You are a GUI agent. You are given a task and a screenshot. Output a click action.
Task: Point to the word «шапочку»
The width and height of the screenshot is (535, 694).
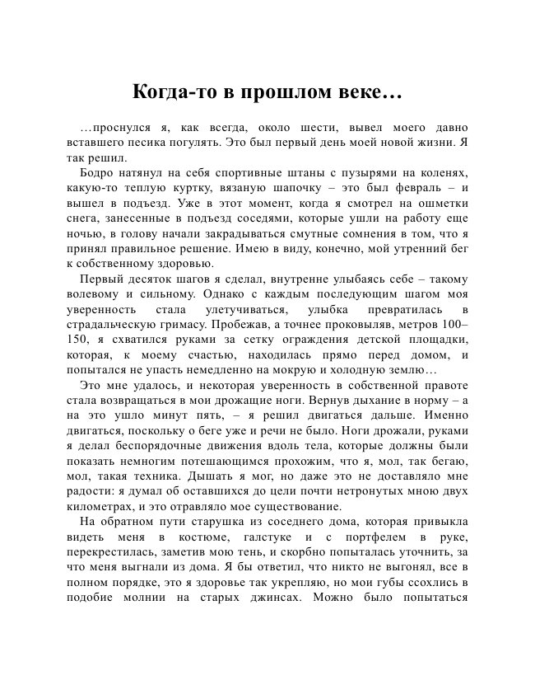(286, 187)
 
